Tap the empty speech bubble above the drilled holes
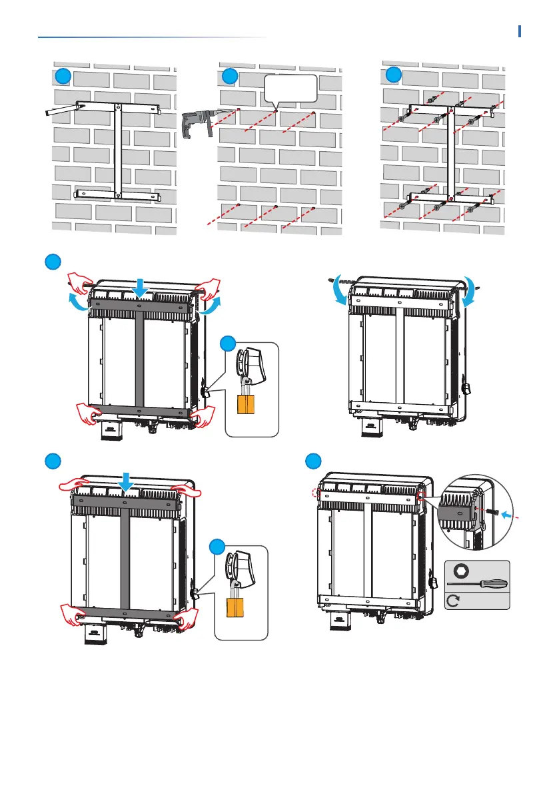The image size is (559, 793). pyautogui.click(x=290, y=89)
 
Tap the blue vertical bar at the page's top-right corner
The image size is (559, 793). pyautogui.click(x=519, y=31)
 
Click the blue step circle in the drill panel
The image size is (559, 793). pyautogui.click(x=229, y=76)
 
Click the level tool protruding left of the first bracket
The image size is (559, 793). pyautogui.click(x=60, y=111)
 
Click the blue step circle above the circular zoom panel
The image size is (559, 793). pyautogui.click(x=312, y=461)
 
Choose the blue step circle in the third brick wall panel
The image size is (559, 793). pyautogui.click(x=394, y=73)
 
